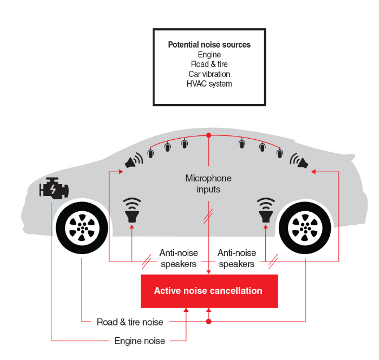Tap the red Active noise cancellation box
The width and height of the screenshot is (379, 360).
pyautogui.click(x=209, y=291)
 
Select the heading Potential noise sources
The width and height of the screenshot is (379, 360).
pyautogui.click(x=209, y=45)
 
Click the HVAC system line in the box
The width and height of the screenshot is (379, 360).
pyautogui.click(x=209, y=84)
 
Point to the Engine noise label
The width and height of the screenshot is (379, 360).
pyautogui.click(x=140, y=341)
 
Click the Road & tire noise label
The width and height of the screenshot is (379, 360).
pyautogui.click(x=130, y=322)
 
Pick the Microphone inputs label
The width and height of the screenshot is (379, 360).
pyautogui.click(x=209, y=184)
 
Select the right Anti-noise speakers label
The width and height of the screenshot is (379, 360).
pyautogui.click(x=236, y=258)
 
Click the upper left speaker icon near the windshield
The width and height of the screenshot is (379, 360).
pyautogui.click(x=133, y=162)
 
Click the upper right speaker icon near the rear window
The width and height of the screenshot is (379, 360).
pyautogui.click(x=299, y=162)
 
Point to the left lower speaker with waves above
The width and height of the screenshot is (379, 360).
pyautogui.click(x=132, y=211)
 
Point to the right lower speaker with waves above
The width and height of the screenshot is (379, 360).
pyautogui.click(x=265, y=211)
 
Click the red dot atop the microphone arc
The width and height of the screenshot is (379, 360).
pyautogui.click(x=209, y=135)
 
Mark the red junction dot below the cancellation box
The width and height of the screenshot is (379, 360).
pyautogui.click(x=209, y=322)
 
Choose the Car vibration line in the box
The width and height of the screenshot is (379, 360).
pyautogui.click(x=209, y=74)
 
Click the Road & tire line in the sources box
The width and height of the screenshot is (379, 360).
pyautogui.click(x=209, y=65)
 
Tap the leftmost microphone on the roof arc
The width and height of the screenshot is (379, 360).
pyautogui.click(x=150, y=152)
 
